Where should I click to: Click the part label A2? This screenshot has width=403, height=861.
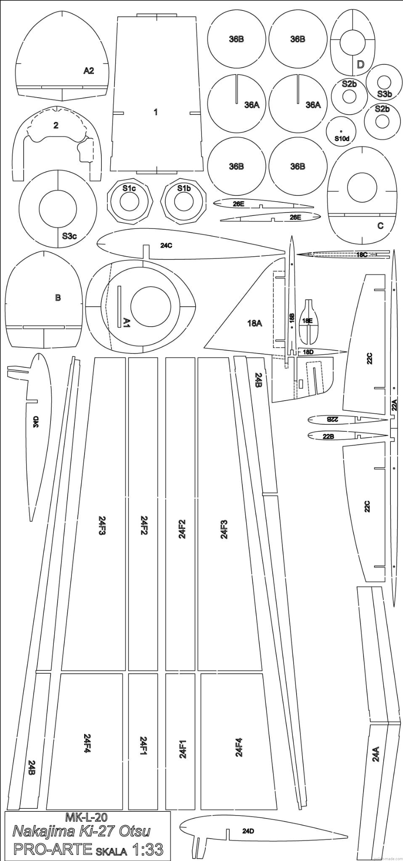pos(88,71)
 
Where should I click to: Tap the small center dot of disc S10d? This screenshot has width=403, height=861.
pos(341,131)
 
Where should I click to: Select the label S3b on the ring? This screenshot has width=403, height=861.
pos(384,94)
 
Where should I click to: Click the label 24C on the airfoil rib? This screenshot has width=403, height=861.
pos(166,246)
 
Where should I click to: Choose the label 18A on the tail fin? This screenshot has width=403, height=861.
pos(255,323)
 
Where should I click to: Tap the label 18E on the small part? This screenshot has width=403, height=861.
pos(308,321)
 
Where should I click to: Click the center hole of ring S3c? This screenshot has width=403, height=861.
pos(58,209)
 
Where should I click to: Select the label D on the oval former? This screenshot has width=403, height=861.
pos(360,64)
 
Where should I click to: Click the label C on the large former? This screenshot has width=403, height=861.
pos(380,226)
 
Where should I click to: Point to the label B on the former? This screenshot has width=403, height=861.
pos(58,298)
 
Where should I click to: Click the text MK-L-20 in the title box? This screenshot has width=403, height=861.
pos(87,817)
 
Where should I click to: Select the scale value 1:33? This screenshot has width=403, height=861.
pos(148,849)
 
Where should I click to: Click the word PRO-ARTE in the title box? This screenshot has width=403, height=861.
pos(53,849)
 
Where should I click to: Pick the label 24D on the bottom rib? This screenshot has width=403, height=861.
pos(248,831)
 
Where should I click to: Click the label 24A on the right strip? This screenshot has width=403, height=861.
pos(376,754)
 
